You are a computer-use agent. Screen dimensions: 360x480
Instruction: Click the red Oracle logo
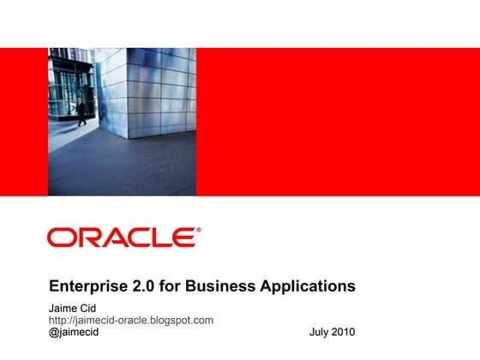click(x=123, y=237)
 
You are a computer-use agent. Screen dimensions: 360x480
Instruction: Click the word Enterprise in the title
click(x=88, y=285)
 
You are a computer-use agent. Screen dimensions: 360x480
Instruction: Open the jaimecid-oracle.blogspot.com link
click(x=130, y=320)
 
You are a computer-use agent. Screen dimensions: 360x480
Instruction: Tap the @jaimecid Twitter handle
click(x=74, y=333)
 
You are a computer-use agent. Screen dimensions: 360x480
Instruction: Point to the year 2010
click(x=343, y=333)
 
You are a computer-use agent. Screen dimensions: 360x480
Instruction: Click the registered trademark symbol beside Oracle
click(x=199, y=230)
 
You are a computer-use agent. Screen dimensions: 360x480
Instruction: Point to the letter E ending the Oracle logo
click(x=185, y=237)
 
